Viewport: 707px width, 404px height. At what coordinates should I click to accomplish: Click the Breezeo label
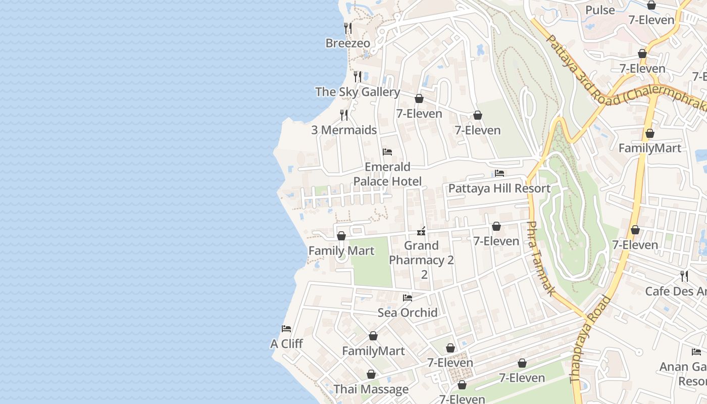tap(347, 43)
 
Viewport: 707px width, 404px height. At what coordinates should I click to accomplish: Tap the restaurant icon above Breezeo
tap(347, 28)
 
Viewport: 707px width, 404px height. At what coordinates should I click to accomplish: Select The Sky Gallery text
tap(358, 92)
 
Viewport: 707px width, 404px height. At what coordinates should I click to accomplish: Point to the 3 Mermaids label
tap(344, 130)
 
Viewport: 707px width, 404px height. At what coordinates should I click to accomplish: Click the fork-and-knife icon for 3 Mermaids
tap(344, 115)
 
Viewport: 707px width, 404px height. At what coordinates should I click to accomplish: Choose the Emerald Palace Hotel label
tap(387, 174)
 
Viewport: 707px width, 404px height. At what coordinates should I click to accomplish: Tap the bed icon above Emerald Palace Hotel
tap(387, 151)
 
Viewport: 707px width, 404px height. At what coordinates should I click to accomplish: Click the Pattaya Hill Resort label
tap(499, 188)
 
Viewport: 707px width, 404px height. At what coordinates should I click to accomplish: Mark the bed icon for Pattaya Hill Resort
tap(499, 173)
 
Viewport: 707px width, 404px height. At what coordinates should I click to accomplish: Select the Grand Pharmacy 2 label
tap(422, 260)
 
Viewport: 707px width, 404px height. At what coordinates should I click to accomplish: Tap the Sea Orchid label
tap(408, 313)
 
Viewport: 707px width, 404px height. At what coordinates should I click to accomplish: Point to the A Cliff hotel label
tap(286, 344)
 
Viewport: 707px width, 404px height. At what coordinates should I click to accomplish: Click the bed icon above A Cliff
tap(286, 328)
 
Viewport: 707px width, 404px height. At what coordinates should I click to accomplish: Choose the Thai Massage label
tap(371, 389)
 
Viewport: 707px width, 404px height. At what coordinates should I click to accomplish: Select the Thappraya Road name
tap(590, 339)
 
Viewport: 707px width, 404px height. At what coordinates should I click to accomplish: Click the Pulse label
tap(600, 10)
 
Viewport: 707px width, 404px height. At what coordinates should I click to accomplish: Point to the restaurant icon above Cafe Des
tap(684, 276)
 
